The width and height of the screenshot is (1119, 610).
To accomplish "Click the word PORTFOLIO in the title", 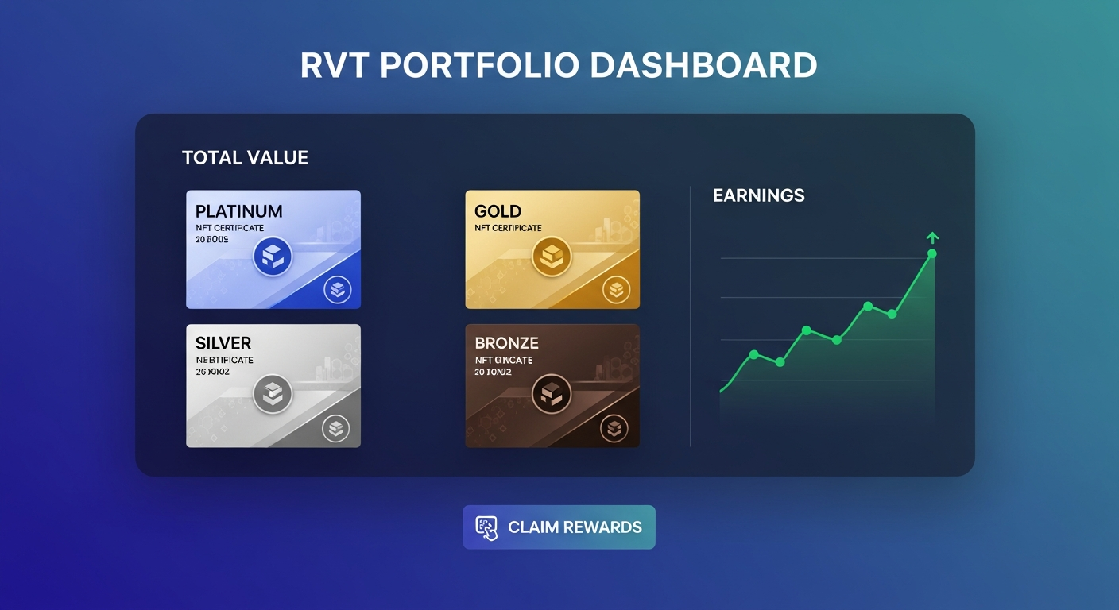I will pyautogui.click(x=479, y=66).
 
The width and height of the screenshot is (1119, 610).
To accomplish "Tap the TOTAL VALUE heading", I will pyautogui.click(x=245, y=158).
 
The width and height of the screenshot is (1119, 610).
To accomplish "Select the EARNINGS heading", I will pyautogui.click(x=758, y=195).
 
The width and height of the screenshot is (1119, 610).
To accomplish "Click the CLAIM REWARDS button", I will pyautogui.click(x=559, y=527).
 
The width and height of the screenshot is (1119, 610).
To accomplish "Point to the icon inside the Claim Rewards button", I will pyautogui.click(x=486, y=527).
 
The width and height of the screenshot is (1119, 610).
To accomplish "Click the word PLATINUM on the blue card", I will pyautogui.click(x=238, y=211).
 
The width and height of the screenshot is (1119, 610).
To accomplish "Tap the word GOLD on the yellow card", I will pyautogui.click(x=498, y=211).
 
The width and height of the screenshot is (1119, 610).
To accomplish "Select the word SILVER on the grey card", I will pyautogui.click(x=223, y=343).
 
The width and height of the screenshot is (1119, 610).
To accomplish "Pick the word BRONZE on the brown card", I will pyautogui.click(x=506, y=343).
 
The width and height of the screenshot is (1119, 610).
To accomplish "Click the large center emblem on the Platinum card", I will pyautogui.click(x=273, y=257).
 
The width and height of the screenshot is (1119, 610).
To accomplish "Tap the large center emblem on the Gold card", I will pyautogui.click(x=552, y=257).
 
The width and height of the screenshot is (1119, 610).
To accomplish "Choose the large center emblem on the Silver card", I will pyautogui.click(x=273, y=393).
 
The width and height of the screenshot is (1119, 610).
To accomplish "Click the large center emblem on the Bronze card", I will pyautogui.click(x=552, y=393).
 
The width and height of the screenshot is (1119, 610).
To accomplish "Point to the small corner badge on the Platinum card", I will pyautogui.click(x=337, y=290).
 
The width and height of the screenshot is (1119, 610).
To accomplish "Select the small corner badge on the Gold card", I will pyautogui.click(x=616, y=290).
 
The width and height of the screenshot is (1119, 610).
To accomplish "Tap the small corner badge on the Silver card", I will pyautogui.click(x=335, y=429).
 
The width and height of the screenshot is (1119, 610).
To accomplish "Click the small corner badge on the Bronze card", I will pyautogui.click(x=614, y=429).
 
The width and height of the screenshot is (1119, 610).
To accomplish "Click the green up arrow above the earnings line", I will pyautogui.click(x=933, y=237).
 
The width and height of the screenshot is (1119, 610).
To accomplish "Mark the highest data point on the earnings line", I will pyautogui.click(x=932, y=253).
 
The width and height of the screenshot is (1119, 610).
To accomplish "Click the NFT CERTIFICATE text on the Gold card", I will pyautogui.click(x=508, y=228).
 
